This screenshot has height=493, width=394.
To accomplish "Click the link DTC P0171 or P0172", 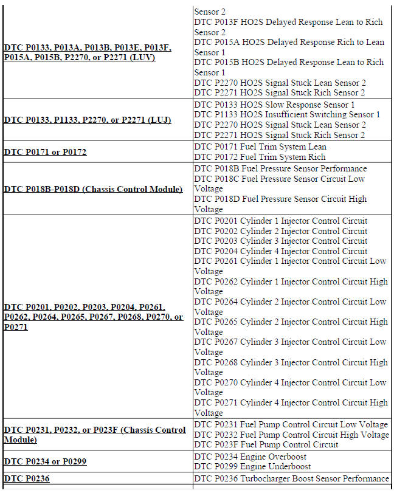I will coord(45,152).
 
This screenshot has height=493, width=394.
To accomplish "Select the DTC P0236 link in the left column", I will coord(27,479).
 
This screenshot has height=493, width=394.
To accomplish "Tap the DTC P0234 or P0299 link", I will coord(45,462).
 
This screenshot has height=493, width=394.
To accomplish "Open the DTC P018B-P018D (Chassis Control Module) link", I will coord(93,189).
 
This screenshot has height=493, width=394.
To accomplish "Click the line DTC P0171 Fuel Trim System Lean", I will coord(260,147).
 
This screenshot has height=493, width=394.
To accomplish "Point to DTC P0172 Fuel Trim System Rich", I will coord(260,157).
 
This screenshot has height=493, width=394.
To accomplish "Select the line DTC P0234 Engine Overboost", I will coord(251,457).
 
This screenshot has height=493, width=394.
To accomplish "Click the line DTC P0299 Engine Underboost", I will coord(252,466).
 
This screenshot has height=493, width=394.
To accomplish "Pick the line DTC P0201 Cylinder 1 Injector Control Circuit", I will coord(281,221).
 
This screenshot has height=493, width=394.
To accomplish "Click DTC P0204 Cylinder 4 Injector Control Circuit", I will coord(281,251).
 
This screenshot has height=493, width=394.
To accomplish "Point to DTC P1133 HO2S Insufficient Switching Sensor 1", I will coord(287,115).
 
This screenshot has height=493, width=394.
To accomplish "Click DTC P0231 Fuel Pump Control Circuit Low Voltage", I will coord(291,424).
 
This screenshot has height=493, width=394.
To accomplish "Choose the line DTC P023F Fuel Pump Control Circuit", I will coord(266,444).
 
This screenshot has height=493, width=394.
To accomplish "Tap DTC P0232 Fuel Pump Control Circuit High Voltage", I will coord(292,435).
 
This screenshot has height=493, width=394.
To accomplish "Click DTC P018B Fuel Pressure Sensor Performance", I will coord(280,168).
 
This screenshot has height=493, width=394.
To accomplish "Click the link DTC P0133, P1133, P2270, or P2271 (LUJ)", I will coord(88,120).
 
